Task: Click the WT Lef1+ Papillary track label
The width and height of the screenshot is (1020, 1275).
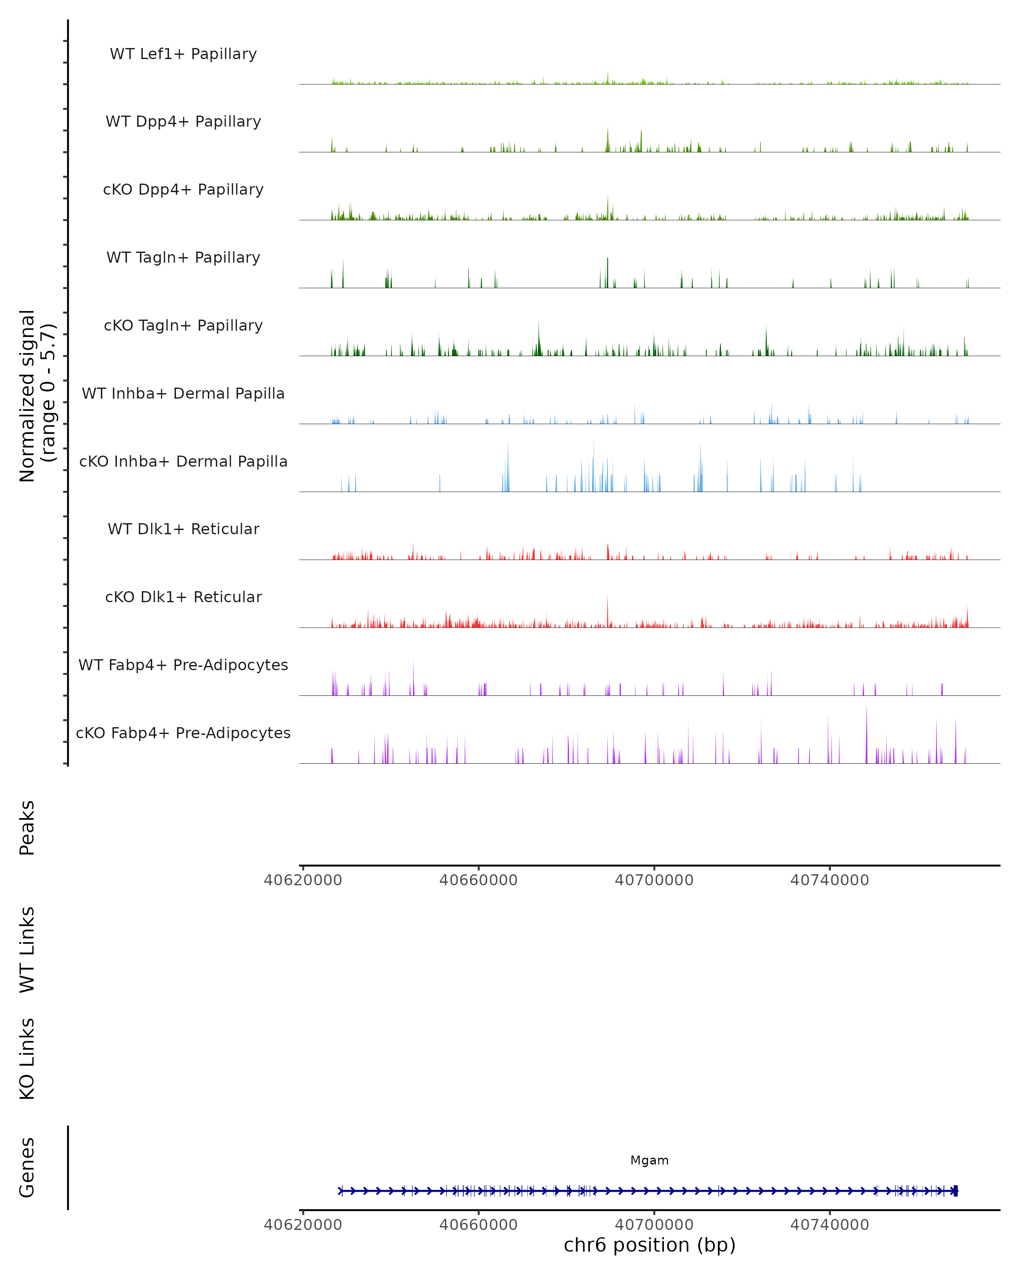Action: point(183,54)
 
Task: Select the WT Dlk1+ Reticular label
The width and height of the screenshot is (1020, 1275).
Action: point(183,529)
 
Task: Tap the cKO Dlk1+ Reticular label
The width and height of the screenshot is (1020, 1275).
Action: point(183,597)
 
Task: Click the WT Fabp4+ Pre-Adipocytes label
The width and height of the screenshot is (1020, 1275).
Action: point(183,665)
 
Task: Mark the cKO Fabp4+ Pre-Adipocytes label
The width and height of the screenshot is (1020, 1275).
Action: point(183,733)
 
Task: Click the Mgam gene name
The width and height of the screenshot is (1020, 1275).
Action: point(649,1160)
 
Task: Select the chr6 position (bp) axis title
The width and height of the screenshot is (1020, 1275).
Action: point(649,1245)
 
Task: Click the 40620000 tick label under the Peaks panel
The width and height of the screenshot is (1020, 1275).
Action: point(303,880)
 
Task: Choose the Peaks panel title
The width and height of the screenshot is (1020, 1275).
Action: point(27,827)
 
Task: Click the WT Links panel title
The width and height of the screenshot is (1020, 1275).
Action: point(27,949)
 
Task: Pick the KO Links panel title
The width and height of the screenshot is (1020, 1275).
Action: point(27,1059)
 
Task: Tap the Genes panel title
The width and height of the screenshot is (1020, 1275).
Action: point(27,1167)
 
